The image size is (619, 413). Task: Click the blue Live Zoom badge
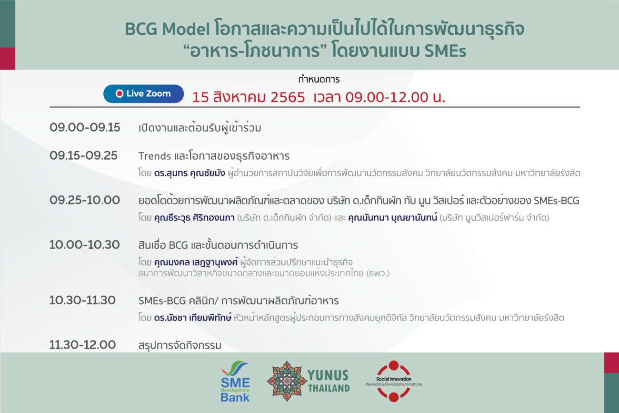143,94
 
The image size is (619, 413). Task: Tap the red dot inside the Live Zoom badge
120,94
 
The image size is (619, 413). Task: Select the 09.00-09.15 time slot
85,128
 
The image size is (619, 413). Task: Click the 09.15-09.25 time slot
83,155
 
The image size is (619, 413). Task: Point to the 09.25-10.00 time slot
85,200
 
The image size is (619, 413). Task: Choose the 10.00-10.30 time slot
85,245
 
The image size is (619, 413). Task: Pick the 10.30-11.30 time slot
82,300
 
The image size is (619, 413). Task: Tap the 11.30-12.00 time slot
82,345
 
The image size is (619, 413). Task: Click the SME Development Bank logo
235,381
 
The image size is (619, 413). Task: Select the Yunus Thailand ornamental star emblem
287,381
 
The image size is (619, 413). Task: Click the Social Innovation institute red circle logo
394,381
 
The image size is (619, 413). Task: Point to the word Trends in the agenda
154,156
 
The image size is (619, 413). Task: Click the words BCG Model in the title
167,29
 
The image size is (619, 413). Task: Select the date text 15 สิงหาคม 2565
249,97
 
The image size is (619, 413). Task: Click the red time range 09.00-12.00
387,97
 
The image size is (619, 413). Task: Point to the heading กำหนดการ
319,80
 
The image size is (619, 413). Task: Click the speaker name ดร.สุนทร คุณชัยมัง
190,173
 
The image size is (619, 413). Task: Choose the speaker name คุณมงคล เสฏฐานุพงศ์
196,262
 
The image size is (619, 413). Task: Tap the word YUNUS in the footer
328,376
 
